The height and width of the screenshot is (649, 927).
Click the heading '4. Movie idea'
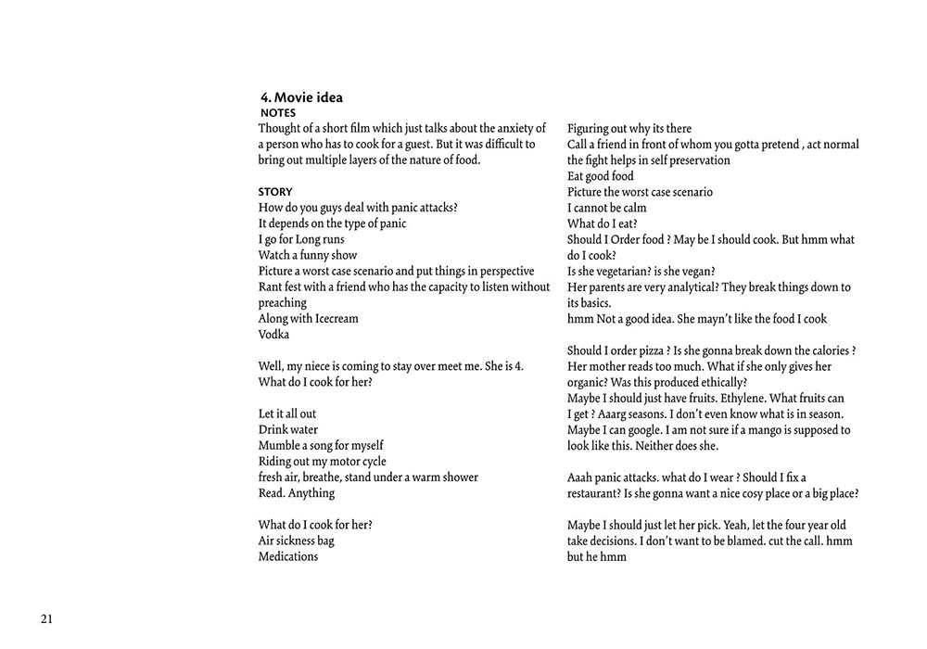(x=303, y=97)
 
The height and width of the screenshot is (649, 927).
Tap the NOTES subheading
(x=278, y=113)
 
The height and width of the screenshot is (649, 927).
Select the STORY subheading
(x=275, y=192)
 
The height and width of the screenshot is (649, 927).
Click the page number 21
(x=46, y=619)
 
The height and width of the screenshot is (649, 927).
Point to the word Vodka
(x=273, y=335)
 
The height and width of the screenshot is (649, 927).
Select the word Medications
(x=288, y=557)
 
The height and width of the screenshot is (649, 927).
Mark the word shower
(x=456, y=477)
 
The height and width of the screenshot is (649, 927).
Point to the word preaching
(x=282, y=303)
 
